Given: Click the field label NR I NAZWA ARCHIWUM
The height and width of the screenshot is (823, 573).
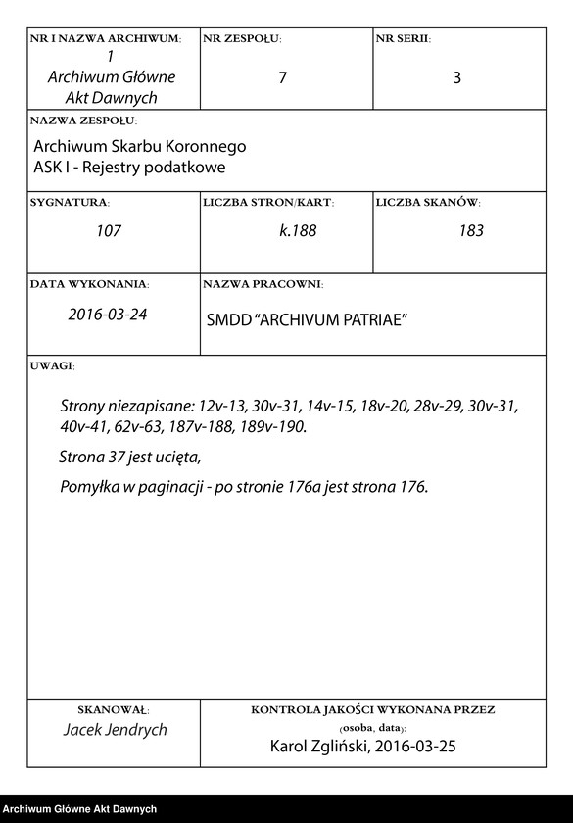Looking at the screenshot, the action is (106, 39).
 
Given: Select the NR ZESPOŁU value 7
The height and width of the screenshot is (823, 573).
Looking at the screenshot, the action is (283, 78).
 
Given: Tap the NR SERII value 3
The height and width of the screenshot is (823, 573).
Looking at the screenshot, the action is (456, 78).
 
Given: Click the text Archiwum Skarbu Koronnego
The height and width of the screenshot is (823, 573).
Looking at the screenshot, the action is (140, 147).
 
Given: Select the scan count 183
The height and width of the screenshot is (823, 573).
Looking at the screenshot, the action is (471, 232).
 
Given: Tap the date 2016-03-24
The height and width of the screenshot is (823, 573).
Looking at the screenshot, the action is (107, 315).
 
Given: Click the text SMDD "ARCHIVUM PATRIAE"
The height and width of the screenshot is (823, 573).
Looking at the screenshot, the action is (307, 321).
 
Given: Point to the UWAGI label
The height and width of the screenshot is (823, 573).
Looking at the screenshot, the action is (52, 365).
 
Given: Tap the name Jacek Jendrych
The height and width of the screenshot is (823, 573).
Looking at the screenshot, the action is (115, 730).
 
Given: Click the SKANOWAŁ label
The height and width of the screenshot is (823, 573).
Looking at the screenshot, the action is (113, 709).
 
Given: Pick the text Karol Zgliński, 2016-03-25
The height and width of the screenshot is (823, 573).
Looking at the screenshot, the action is (362, 747).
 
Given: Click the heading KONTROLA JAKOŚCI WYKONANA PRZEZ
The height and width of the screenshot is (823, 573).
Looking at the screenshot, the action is (373, 709).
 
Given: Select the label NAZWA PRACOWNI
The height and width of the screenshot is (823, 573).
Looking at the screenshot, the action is (262, 284).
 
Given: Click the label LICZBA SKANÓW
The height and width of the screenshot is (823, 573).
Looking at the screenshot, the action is (427, 203).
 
